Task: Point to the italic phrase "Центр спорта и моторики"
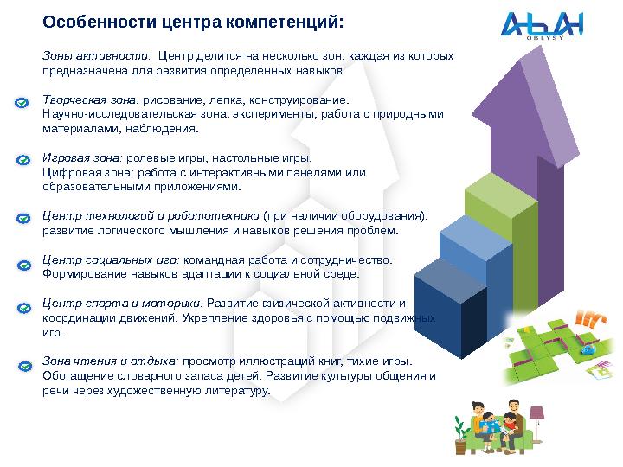[121, 304]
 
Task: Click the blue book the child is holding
[493, 426]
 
